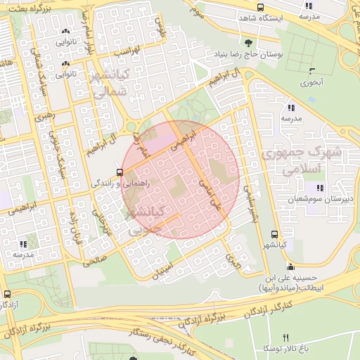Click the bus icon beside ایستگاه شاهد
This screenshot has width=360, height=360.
(x=261, y=7)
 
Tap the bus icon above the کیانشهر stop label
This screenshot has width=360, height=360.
(x=274, y=235)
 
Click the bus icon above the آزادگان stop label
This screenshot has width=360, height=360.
(x=7, y=294)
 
